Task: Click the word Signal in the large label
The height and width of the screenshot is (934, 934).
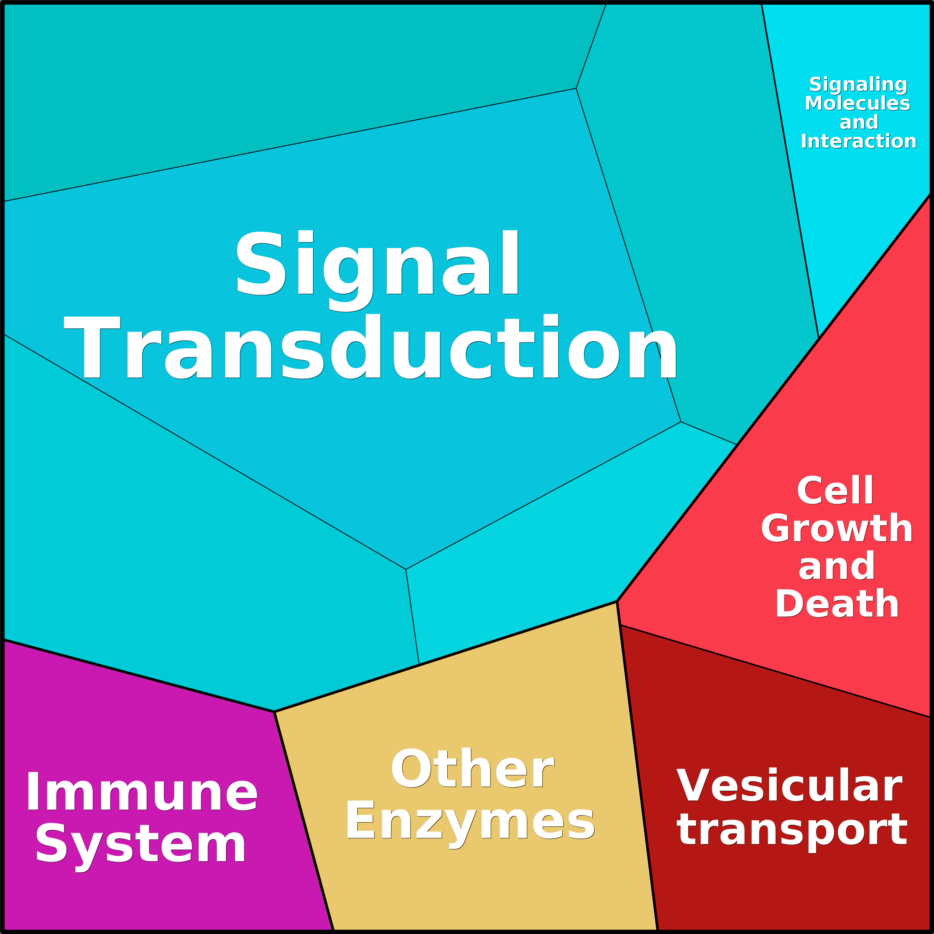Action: click(377, 271)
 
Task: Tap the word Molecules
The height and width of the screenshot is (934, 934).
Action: click(858, 103)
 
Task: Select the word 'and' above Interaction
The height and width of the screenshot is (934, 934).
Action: click(859, 122)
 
